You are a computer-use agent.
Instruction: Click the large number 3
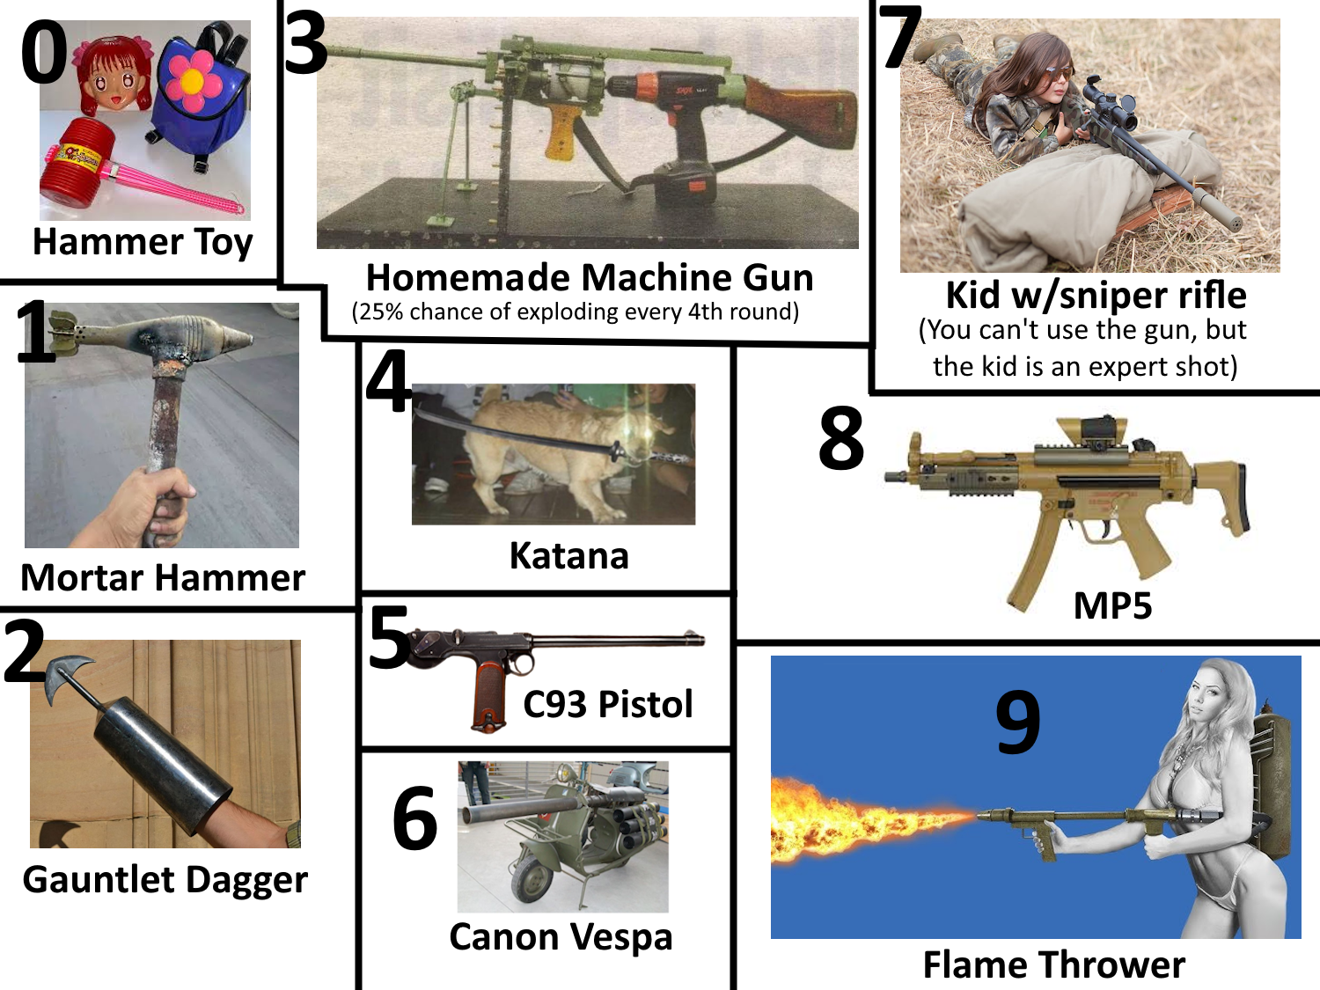pyautogui.click(x=305, y=44)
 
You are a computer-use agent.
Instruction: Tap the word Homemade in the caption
pyautogui.click(x=468, y=278)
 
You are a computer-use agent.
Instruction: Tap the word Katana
pyautogui.click(x=568, y=555)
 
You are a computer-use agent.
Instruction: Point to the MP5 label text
pyautogui.click(x=1112, y=606)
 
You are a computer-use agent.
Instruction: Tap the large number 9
pyautogui.click(x=1017, y=722)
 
